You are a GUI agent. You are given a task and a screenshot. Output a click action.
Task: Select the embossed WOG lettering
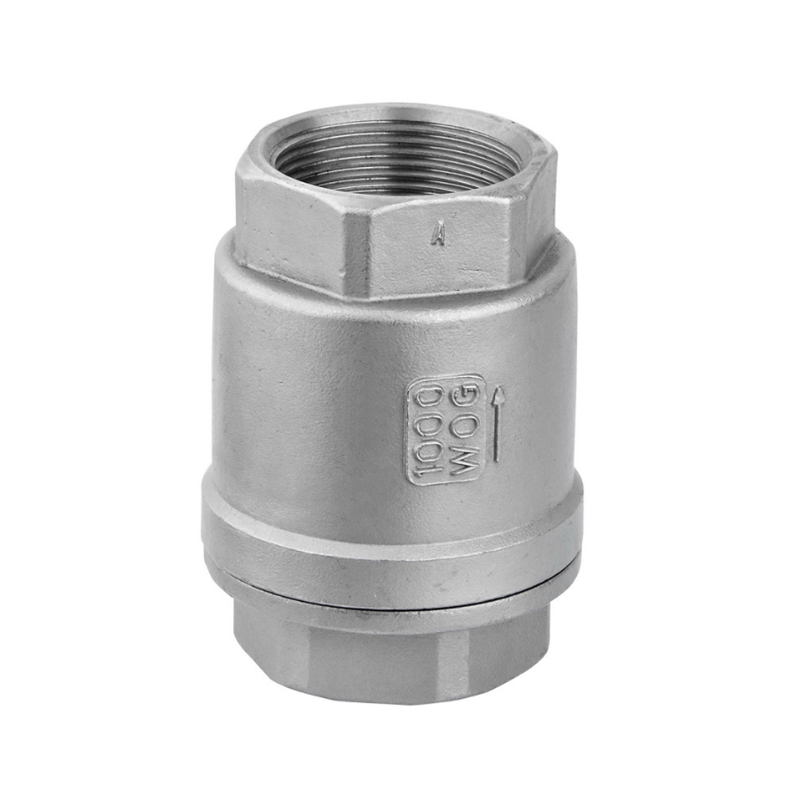[466, 429]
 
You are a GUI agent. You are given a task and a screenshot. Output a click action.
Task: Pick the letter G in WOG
[467, 397]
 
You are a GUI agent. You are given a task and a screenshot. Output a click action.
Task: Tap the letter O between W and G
[467, 429]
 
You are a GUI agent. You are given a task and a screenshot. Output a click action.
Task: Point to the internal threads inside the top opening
[397, 159]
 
